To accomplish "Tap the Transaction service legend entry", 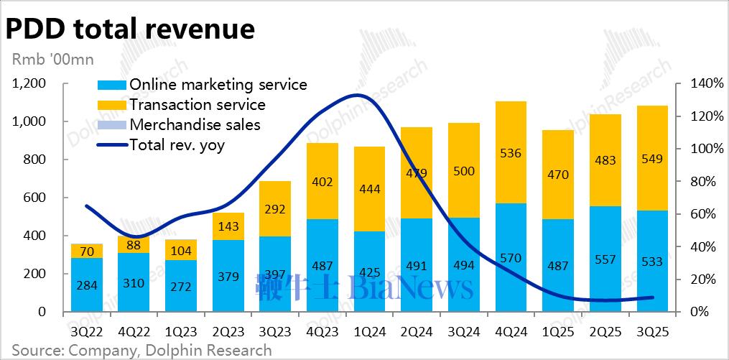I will [197, 105].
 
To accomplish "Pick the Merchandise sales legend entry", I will [194, 125].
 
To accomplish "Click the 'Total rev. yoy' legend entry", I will [177, 145].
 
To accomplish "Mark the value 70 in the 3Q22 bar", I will [86, 251].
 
